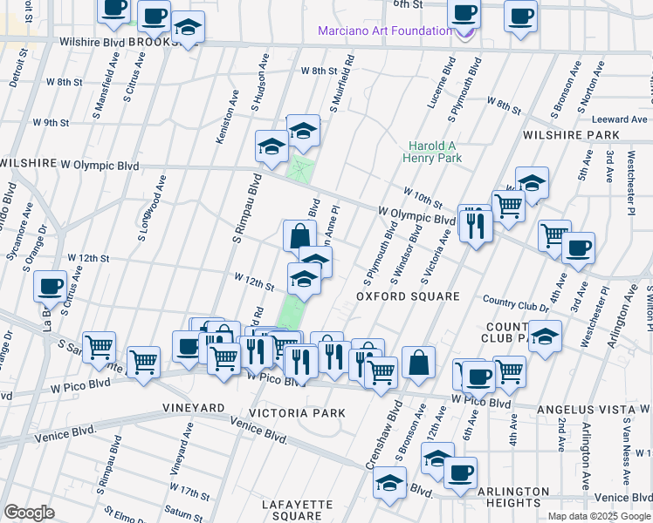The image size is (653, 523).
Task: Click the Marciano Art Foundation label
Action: click(x=384, y=31)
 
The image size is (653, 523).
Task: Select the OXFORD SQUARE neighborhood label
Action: click(x=408, y=296)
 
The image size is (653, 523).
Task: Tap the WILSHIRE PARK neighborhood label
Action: click(x=571, y=135)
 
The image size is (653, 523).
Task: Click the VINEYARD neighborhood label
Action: click(x=193, y=407)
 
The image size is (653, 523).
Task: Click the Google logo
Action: click(x=30, y=513)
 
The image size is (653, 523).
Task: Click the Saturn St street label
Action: click(x=182, y=514)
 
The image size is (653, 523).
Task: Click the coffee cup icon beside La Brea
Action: click(x=51, y=285)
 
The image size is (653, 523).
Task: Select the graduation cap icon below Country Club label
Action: click(x=546, y=336)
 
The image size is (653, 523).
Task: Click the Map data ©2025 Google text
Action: click(x=598, y=516)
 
